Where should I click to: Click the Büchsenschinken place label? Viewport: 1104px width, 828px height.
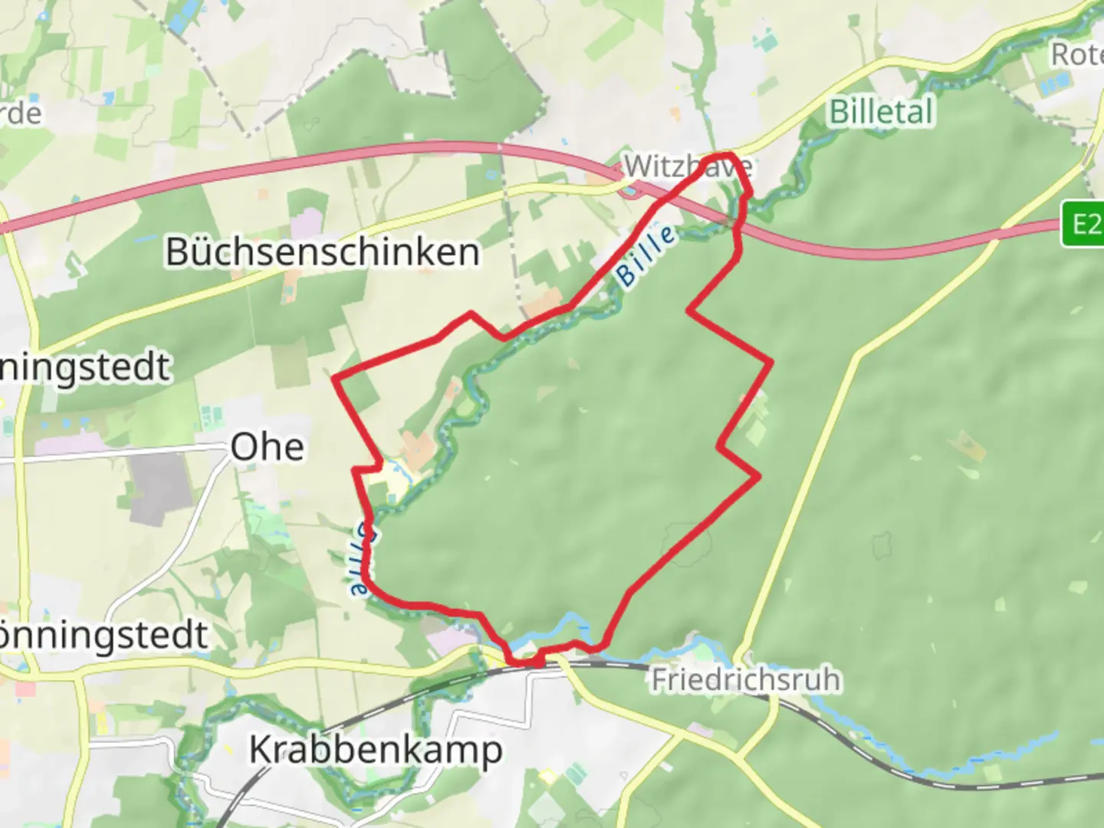click(x=323, y=251)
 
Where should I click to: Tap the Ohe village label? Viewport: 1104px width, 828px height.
click(x=267, y=446)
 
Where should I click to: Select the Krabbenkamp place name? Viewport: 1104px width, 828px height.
click(x=376, y=749)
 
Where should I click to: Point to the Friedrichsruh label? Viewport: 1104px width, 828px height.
click(x=745, y=679)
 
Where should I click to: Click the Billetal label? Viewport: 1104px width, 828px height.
click(x=882, y=112)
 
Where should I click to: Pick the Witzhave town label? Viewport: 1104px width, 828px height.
click(x=687, y=166)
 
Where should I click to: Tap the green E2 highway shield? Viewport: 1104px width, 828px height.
click(x=1083, y=224)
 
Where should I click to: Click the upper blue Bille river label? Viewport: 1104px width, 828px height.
click(x=646, y=256)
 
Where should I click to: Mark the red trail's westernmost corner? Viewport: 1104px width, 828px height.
click(x=334, y=377)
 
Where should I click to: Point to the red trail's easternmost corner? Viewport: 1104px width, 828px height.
click(x=770, y=360)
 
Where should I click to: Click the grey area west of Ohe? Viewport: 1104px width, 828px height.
click(x=159, y=483)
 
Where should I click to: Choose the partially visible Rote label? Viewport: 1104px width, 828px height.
click(x=1077, y=55)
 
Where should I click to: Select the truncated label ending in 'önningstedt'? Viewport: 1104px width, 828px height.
click(x=103, y=635)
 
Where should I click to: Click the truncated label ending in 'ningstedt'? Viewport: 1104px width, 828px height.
click(x=84, y=366)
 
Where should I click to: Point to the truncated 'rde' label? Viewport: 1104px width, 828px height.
click(x=21, y=113)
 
